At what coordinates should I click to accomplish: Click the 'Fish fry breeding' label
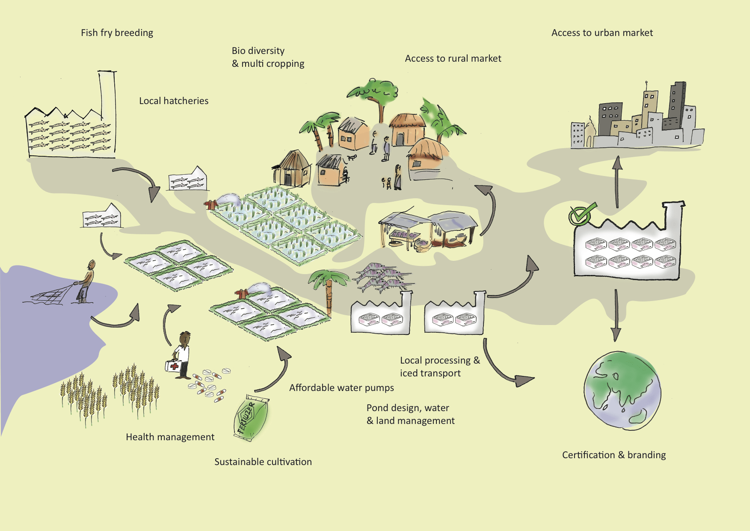[117, 33]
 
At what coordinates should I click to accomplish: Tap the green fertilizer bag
[252, 418]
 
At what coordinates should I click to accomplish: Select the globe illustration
[623, 390]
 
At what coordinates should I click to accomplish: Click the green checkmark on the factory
[581, 214]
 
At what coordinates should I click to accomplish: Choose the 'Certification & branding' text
[614, 455]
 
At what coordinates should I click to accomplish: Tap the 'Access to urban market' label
[602, 33]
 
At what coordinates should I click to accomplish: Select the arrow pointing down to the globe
[616, 315]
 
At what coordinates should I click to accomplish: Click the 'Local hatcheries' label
[174, 101]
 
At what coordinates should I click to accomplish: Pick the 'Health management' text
[170, 437]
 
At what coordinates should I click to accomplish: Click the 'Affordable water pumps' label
[341, 388]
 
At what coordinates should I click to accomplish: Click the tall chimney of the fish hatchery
[107, 94]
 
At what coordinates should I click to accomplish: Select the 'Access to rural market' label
[453, 59]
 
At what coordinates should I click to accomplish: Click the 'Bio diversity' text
[258, 51]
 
